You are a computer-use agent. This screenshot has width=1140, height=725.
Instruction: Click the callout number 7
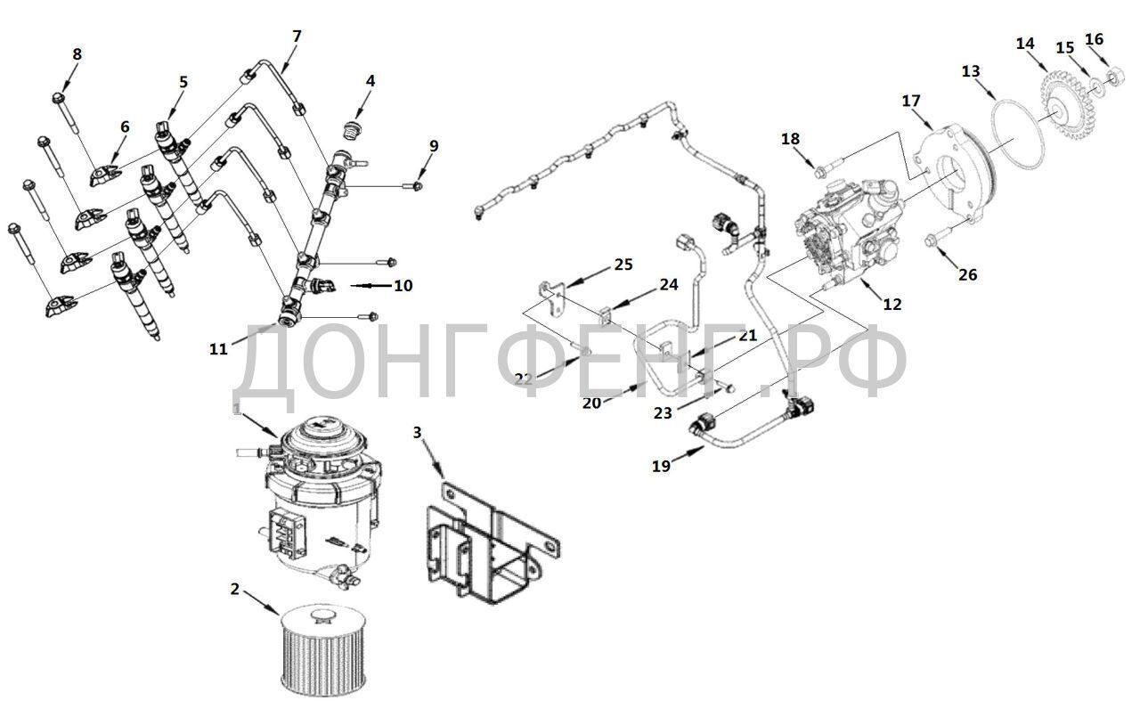297,37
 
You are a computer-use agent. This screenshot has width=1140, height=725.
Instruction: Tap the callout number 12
892,304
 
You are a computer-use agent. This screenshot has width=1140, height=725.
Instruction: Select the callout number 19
661,466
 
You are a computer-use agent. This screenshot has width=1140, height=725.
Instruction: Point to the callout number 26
967,274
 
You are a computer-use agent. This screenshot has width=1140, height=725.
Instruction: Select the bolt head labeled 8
58,97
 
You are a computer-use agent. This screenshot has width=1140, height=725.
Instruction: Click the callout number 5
183,81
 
